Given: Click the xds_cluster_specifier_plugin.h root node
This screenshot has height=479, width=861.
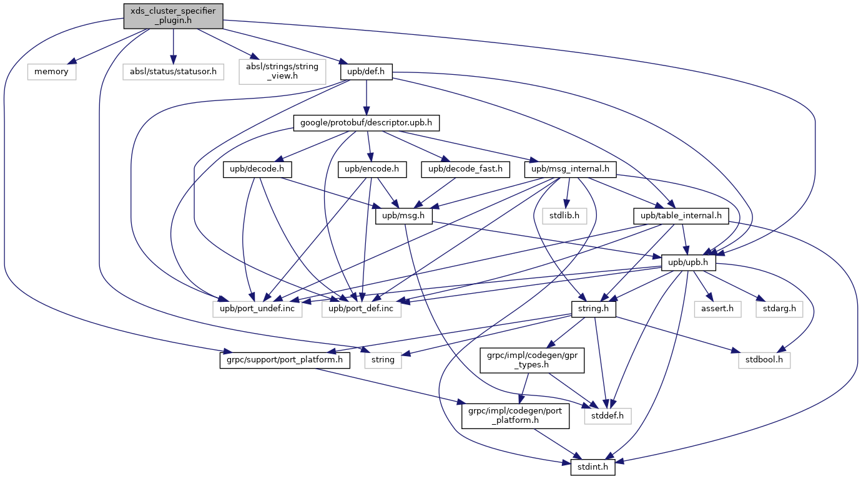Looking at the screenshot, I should (x=173, y=16).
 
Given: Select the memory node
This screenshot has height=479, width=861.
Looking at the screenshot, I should (x=51, y=72).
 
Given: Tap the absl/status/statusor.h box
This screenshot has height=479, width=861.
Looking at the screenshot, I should (x=173, y=72).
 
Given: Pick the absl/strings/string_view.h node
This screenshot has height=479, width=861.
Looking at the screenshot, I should (x=282, y=72).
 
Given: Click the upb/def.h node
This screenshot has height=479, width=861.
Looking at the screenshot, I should (x=366, y=72).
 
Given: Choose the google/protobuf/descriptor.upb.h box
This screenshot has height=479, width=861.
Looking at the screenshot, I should (x=366, y=123).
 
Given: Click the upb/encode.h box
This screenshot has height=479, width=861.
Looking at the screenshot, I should (x=368, y=170).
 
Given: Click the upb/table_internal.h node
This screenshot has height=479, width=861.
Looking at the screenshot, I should (x=681, y=216).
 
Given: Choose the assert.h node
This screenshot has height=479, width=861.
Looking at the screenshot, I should (x=717, y=309).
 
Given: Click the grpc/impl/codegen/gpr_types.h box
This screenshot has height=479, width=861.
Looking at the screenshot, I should (x=532, y=360).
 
